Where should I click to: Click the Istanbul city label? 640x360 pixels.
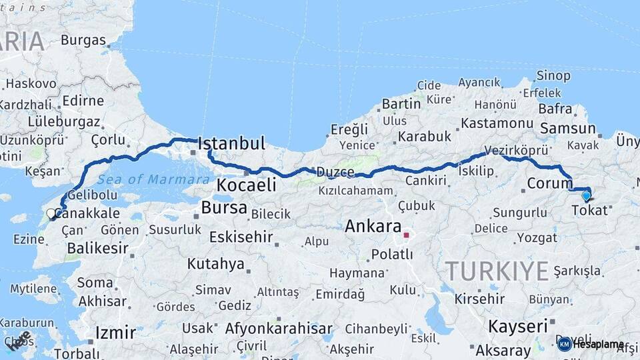(231, 143)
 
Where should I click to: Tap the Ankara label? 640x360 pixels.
(373, 227)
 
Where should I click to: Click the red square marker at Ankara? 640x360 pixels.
(406, 235)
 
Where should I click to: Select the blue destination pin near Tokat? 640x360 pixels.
(586, 195)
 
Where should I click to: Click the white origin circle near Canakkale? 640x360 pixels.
(51, 214)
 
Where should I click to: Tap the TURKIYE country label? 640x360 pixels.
(497, 271)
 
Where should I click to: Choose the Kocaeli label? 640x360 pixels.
(247, 185)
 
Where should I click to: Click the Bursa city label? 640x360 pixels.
(224, 207)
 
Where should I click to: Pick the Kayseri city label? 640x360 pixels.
(518, 327)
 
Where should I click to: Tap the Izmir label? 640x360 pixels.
(115, 332)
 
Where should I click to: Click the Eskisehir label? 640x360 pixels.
(241, 237)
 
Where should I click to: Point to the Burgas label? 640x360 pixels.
(83, 40)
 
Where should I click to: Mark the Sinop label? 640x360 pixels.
(553, 75)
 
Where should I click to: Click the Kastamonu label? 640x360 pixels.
(497, 123)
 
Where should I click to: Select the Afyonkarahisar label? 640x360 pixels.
(279, 329)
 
